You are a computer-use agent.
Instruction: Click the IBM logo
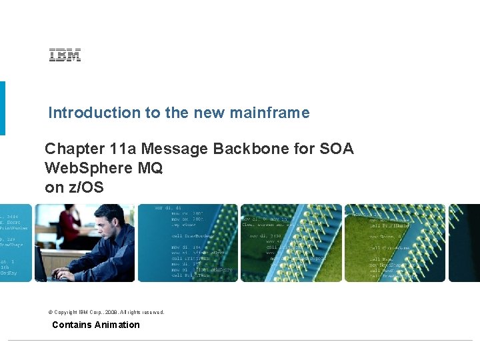point(65,56)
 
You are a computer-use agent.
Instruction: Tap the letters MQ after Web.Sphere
point(150,168)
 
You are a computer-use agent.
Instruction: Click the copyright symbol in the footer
point(51,312)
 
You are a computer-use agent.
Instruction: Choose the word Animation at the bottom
point(117,325)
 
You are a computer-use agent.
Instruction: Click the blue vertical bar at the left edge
point(3,108)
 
